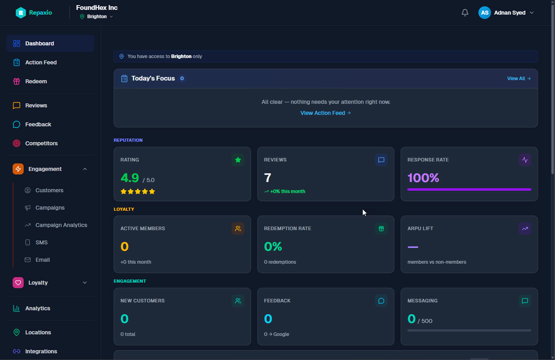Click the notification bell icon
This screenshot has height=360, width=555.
pos(465,13)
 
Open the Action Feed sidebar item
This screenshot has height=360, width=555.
pos(41,62)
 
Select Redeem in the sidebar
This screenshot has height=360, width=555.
pos(36,81)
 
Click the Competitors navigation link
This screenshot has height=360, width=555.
pos(41,143)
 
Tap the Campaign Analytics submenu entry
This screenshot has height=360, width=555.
pos(61,225)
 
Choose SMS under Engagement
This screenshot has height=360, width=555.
pos(41,242)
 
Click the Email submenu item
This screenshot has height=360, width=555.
pos(43,260)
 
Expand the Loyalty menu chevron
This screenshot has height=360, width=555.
pos(85,283)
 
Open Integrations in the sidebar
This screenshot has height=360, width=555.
pos(41,351)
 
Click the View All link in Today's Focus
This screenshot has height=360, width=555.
pos(519,79)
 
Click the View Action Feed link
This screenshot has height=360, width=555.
pos(326,113)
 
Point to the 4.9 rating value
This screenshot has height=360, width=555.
pos(129,178)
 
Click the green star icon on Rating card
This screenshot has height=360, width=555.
pos(238,160)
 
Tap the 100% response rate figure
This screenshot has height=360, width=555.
pos(423,178)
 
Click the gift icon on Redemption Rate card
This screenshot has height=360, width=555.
pos(381,229)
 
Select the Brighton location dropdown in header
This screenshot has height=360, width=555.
pos(96,17)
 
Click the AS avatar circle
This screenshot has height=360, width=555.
pos(485,13)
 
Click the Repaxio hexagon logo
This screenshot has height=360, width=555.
pos(21,13)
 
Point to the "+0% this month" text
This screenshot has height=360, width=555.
pos(288,191)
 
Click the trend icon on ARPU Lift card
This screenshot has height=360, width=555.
pos(525,229)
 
